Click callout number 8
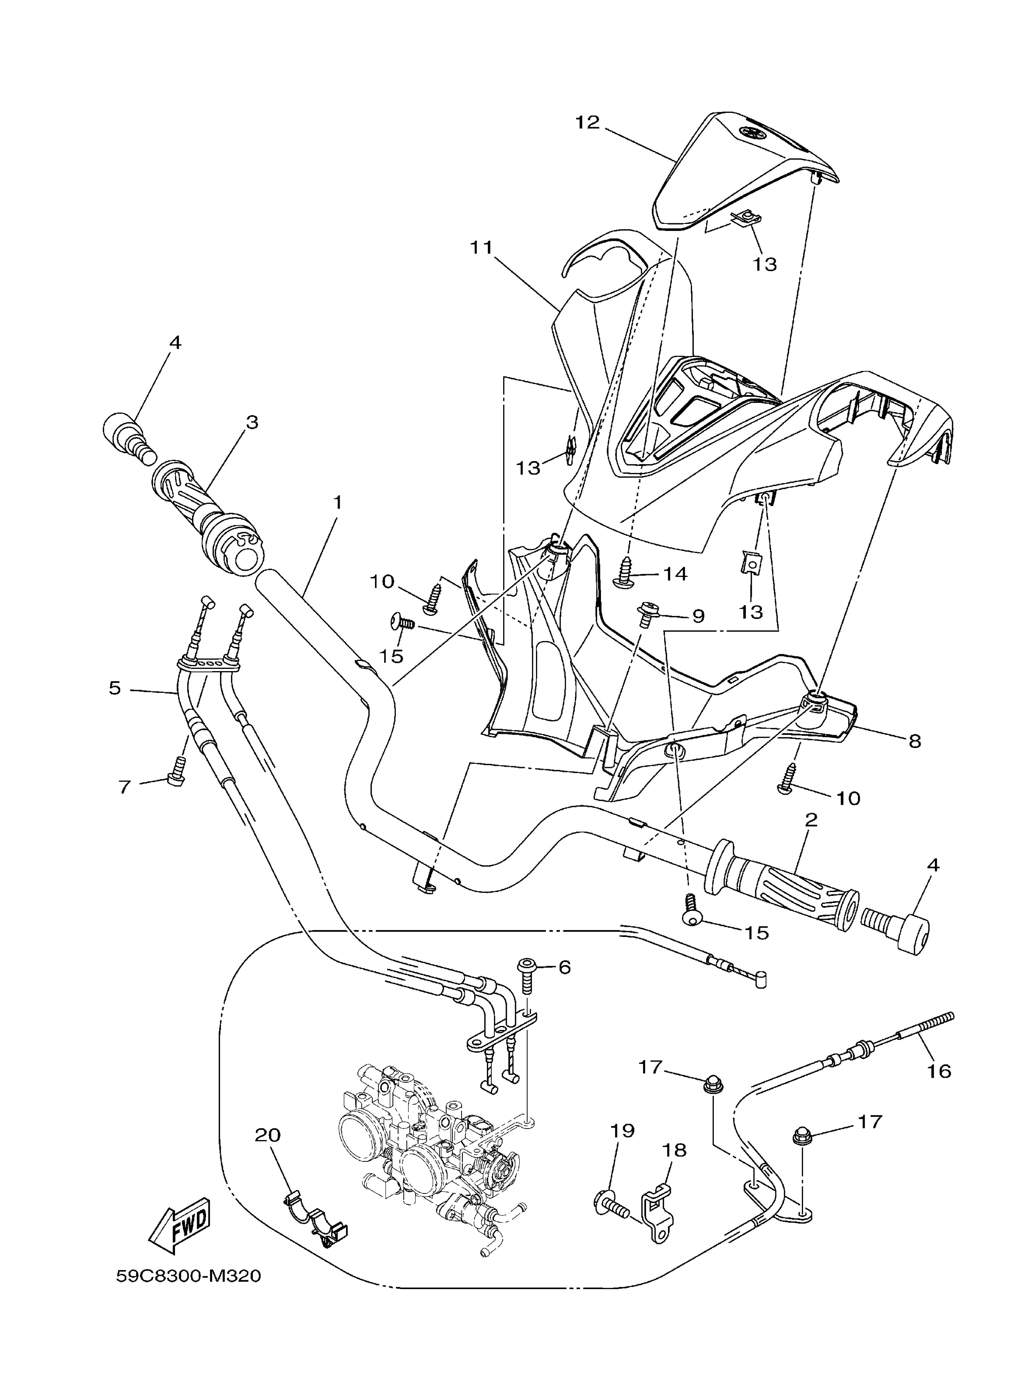click(915, 742)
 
